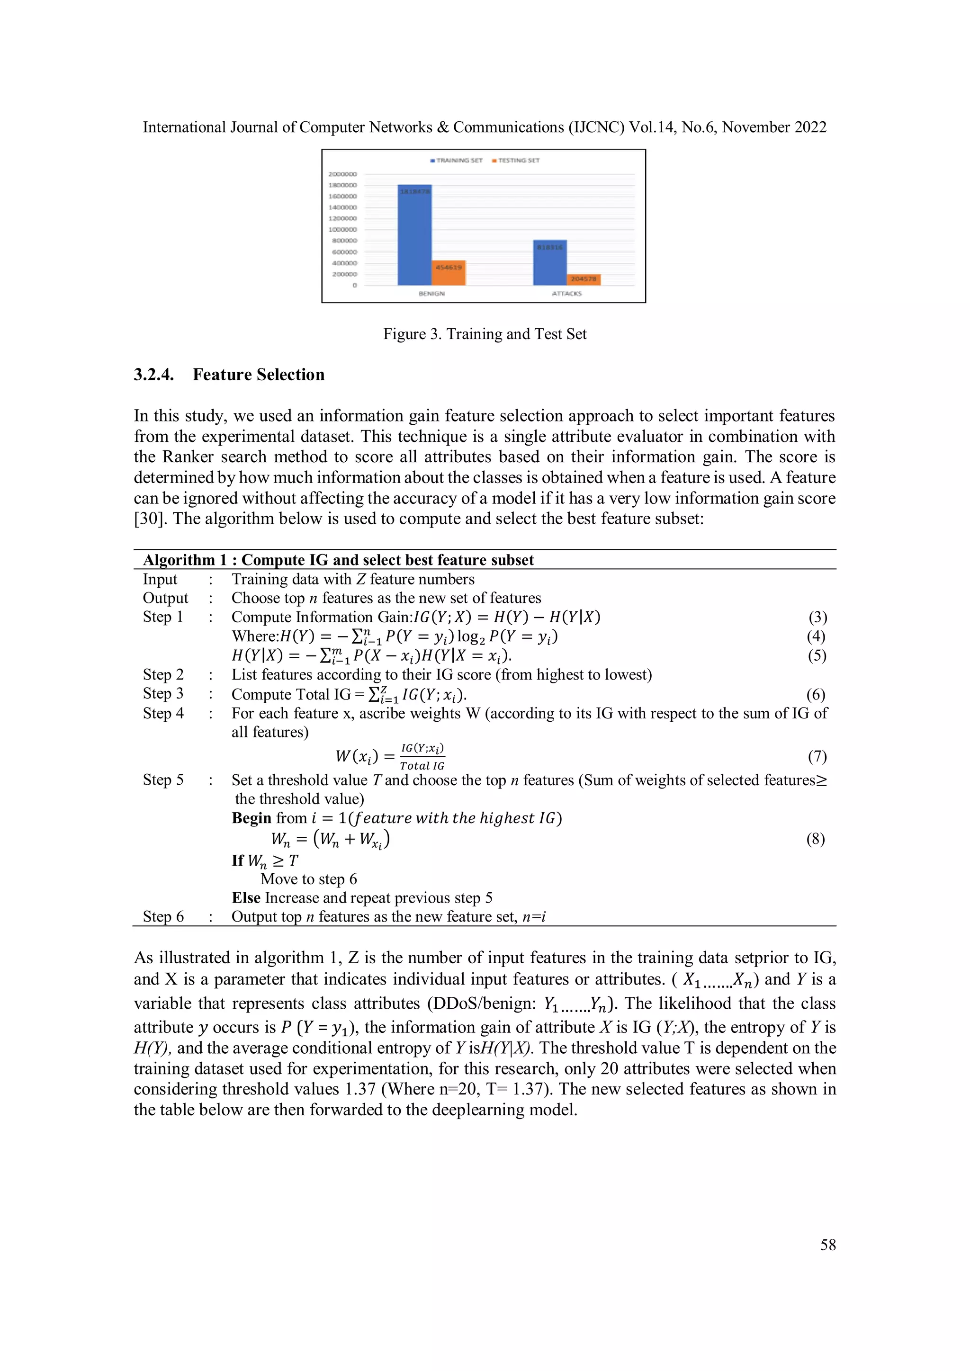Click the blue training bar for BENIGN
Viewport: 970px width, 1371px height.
pos(414,235)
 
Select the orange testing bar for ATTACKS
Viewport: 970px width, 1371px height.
pos(583,279)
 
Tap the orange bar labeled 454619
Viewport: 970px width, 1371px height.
pos(449,272)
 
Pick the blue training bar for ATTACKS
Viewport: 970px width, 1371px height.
pos(549,263)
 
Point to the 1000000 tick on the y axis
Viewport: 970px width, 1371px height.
pos(342,229)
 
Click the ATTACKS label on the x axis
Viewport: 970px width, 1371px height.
pos(566,294)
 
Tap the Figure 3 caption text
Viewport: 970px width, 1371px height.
pos(485,334)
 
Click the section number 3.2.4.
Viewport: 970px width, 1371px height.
pos(153,375)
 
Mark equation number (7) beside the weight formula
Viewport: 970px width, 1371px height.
pos(817,757)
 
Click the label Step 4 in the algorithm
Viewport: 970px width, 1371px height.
pos(163,713)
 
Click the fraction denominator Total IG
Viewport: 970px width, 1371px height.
pos(422,766)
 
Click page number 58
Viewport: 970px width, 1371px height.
pos(828,1245)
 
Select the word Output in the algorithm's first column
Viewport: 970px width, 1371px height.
pos(165,598)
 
